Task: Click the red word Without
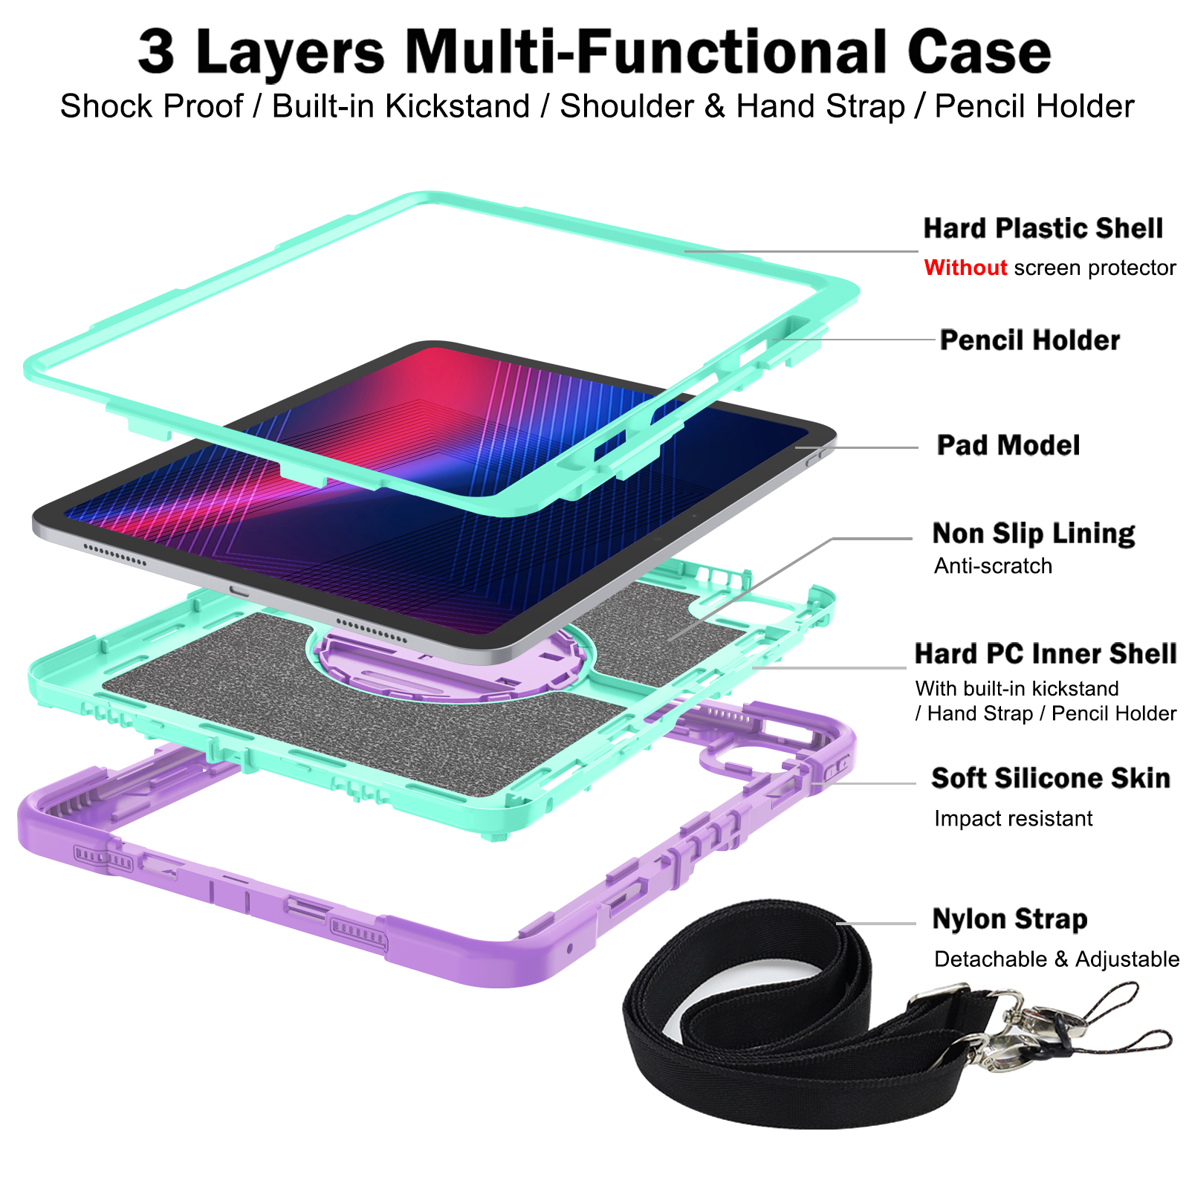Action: (965, 268)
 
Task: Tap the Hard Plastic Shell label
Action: (1043, 228)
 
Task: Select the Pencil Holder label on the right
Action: (1029, 340)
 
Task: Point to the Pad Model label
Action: (1008, 445)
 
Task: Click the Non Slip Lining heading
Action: (1033, 533)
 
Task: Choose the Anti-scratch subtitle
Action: (993, 566)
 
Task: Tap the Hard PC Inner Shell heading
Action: (1045, 654)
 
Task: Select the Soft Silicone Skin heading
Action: (1050, 778)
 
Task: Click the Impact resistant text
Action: (1013, 819)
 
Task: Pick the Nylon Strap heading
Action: (1009, 919)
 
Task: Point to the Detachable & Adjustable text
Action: (1056, 959)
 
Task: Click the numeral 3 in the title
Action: (157, 52)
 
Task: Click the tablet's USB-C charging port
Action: (239, 591)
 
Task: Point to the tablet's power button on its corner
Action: (817, 454)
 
